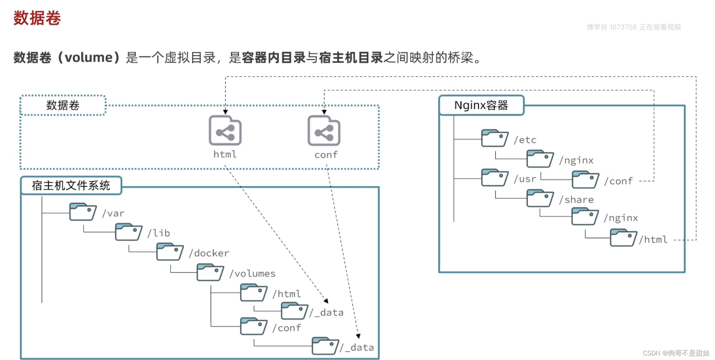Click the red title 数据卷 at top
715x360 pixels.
pyautogui.click(x=37, y=18)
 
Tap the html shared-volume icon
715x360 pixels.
pyautogui.click(x=225, y=131)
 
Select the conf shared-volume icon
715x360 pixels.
pyautogui.click(x=324, y=131)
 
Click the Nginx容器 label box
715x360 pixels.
pyautogui.click(x=481, y=105)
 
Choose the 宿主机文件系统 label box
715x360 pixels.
pyautogui.click(x=71, y=186)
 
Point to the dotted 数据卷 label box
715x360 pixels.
pyautogui.click(x=63, y=105)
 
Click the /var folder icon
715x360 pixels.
pyautogui.click(x=82, y=212)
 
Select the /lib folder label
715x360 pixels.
pyautogui.click(x=159, y=233)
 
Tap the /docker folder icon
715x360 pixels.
pyautogui.click(x=170, y=252)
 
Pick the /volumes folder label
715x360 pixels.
pyautogui.click(x=252, y=274)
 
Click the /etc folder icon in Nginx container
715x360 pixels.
pyautogui.click(x=494, y=138)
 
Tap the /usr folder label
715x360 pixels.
pyautogui.click(x=525, y=179)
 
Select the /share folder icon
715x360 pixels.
pyautogui.click(x=540, y=198)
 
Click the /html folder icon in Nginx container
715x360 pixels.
pyautogui.click(x=623, y=238)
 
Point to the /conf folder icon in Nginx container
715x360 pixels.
pyautogui.click(x=585, y=180)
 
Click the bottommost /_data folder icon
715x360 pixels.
pyautogui.click(x=325, y=346)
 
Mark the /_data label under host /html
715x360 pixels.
pyautogui.click(x=327, y=312)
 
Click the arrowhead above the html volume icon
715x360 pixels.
pyautogui.click(x=225, y=112)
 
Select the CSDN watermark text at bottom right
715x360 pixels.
pyautogui.click(x=676, y=353)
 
